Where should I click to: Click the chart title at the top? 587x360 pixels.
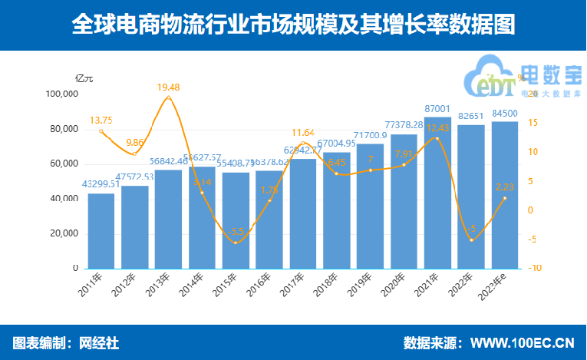pyautogui.click(x=293, y=25)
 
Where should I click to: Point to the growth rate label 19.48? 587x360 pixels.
pyautogui.click(x=169, y=88)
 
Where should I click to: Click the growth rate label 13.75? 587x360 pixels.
pyautogui.click(x=101, y=121)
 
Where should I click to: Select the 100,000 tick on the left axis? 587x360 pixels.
pyautogui.click(x=63, y=94)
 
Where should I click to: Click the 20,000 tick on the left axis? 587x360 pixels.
pyautogui.click(x=64, y=233)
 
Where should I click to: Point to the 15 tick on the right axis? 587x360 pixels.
pyautogui.click(x=533, y=123)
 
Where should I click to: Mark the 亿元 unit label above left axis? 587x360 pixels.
pyautogui.click(x=84, y=78)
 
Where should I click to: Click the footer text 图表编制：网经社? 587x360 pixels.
pyautogui.click(x=66, y=342)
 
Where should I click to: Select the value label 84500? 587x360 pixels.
pyautogui.click(x=504, y=114)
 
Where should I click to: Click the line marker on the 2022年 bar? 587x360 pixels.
pyautogui.click(x=471, y=240)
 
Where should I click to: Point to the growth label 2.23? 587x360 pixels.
pyautogui.click(x=504, y=187)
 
